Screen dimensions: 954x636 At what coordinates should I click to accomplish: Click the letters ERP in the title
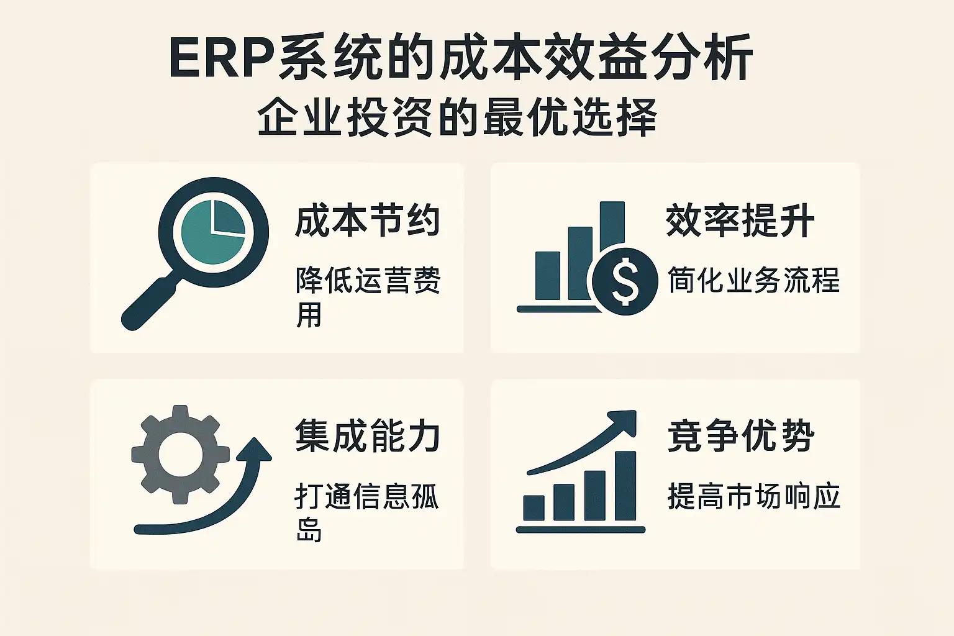pyautogui.click(x=222, y=58)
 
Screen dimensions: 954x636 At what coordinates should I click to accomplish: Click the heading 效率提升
pyautogui.click(x=740, y=220)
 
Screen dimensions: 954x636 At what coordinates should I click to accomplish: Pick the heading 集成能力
pyautogui.click(x=367, y=436)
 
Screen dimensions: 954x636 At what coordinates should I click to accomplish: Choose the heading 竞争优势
pyautogui.click(x=740, y=436)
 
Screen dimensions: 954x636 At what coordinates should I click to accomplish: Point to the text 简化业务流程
pyautogui.click(x=753, y=280)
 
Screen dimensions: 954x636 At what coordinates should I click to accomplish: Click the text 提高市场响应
pyautogui.click(x=753, y=496)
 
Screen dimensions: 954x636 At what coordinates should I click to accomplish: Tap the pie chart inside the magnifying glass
pyautogui.click(x=213, y=232)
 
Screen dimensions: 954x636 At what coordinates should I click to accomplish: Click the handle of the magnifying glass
pyautogui.click(x=148, y=303)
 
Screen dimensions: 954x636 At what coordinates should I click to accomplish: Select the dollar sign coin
pyautogui.click(x=625, y=281)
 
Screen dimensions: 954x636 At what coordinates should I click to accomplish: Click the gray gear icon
pyautogui.click(x=181, y=454)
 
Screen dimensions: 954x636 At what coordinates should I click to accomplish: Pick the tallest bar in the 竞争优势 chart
pyautogui.click(x=625, y=486)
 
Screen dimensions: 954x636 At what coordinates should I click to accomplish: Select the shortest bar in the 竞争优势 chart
pyautogui.click(x=534, y=508)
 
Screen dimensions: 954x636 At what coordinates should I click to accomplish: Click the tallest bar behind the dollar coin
pyautogui.click(x=612, y=226)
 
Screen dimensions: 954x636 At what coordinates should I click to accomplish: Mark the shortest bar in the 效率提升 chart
pyautogui.click(x=548, y=276)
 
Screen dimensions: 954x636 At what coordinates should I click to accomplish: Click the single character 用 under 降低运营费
pyautogui.click(x=308, y=315)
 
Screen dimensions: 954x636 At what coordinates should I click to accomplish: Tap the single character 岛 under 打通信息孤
pyautogui.click(x=308, y=530)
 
